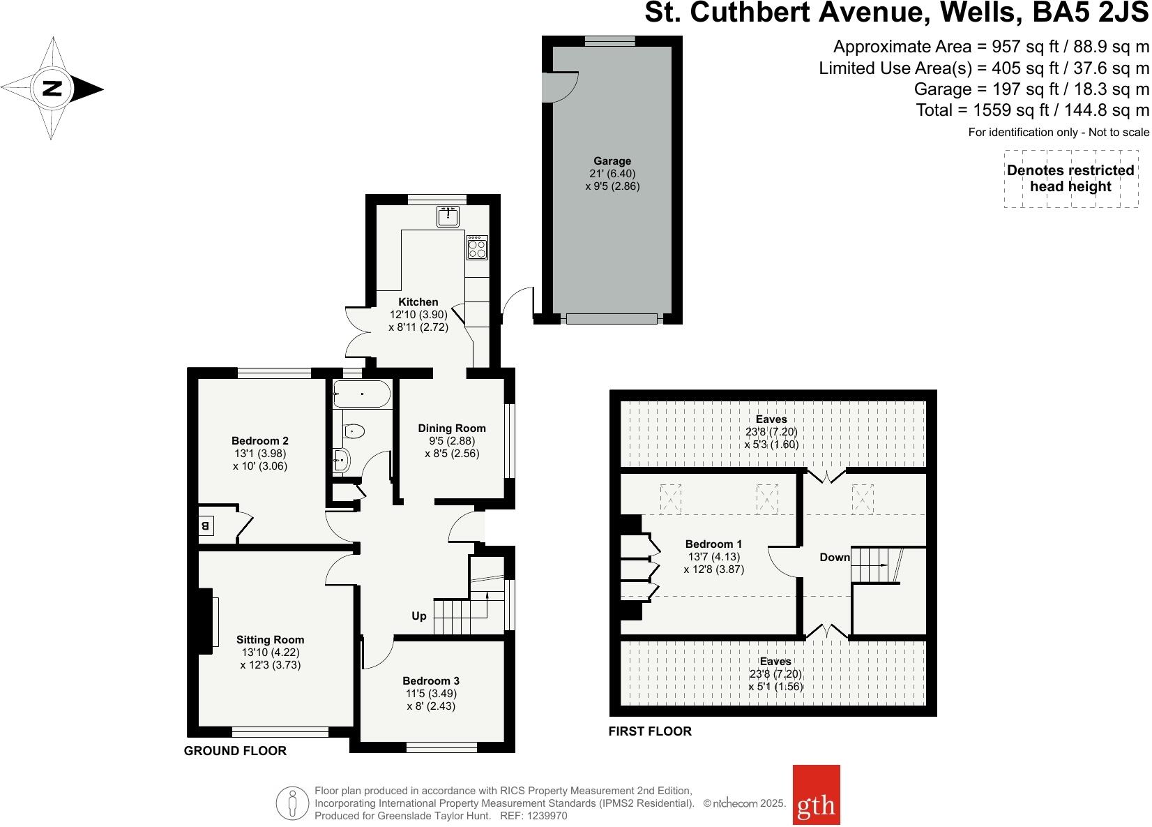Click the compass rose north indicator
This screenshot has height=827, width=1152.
(x=53, y=89)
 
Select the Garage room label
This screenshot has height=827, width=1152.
(x=612, y=161)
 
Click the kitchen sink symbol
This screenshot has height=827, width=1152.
(x=448, y=217)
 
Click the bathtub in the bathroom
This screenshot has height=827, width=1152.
(x=361, y=394)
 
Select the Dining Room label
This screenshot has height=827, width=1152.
(x=452, y=428)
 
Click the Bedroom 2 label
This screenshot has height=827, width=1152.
(x=260, y=440)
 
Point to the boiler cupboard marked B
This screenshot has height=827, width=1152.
(x=206, y=526)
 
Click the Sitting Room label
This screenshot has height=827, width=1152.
(x=270, y=639)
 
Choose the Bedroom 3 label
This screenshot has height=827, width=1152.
(x=431, y=680)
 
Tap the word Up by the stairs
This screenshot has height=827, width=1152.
(x=419, y=616)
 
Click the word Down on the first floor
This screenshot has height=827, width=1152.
(x=835, y=557)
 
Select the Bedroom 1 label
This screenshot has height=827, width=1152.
(x=713, y=544)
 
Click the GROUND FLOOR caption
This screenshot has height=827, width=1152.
(x=235, y=751)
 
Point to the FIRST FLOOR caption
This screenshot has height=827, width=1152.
(x=650, y=731)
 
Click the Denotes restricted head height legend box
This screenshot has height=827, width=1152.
(x=1070, y=179)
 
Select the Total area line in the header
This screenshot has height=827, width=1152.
(x=1032, y=110)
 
